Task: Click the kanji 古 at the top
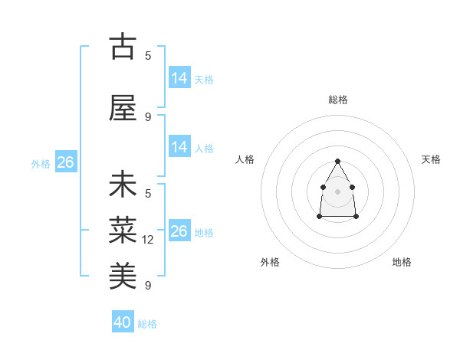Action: click(123, 47)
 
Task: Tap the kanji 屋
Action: click(123, 109)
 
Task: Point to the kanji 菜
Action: click(123, 227)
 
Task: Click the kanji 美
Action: click(123, 272)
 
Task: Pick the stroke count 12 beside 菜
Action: click(149, 240)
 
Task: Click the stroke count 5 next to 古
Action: click(148, 55)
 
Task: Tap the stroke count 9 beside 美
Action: click(148, 286)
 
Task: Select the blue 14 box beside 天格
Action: click(179, 78)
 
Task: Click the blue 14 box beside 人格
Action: click(179, 147)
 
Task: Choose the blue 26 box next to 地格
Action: click(179, 231)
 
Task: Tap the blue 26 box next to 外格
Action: click(65, 162)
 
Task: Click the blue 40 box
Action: click(123, 322)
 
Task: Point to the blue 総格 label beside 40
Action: click(147, 324)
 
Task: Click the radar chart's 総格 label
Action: click(338, 100)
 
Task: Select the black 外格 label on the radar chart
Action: click(270, 262)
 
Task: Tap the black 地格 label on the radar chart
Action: click(402, 262)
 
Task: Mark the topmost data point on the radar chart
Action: click(338, 161)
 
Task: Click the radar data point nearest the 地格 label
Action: click(356, 217)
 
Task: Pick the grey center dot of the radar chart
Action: click(338, 190)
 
